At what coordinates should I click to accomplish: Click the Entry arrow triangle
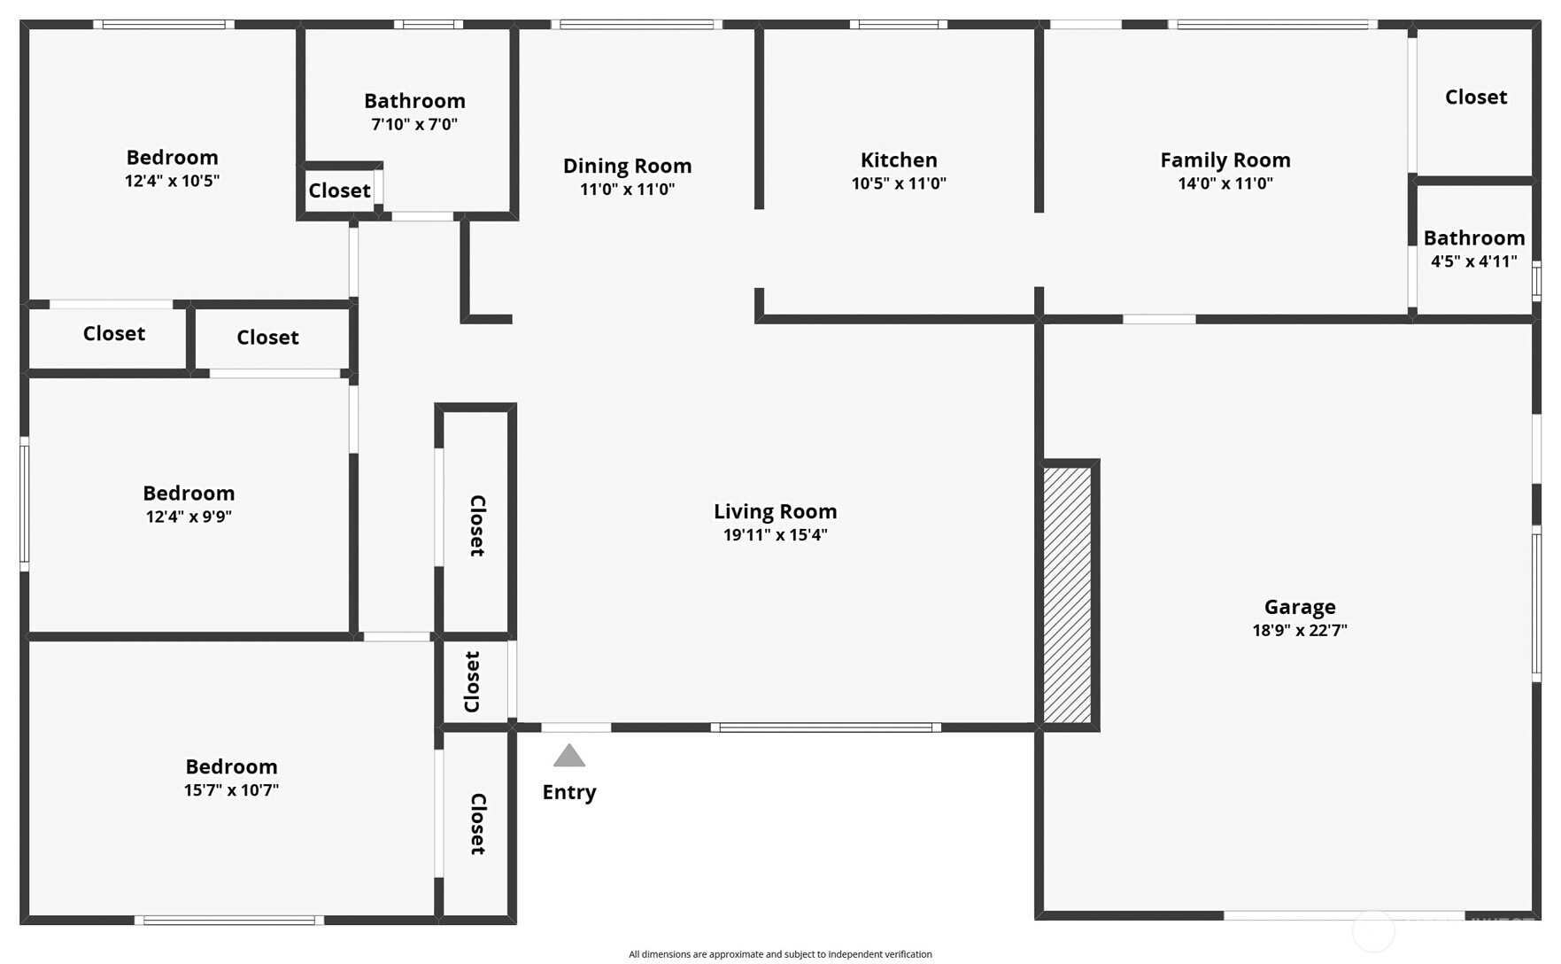(569, 755)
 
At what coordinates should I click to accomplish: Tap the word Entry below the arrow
(569, 792)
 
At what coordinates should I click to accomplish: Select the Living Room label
(776, 511)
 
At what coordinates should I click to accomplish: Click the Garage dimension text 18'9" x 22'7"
(1300, 630)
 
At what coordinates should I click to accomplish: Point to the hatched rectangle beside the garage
(1067, 595)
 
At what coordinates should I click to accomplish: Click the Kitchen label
(899, 159)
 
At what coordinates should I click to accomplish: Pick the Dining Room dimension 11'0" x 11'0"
(628, 189)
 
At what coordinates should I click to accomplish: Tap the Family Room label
(1225, 160)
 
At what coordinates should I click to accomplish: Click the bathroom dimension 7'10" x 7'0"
(414, 124)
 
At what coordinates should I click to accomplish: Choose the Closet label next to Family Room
(1476, 97)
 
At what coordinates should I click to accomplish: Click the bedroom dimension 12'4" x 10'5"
(172, 181)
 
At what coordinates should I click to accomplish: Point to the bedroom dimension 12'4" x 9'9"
(189, 517)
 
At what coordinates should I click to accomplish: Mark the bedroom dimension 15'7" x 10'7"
(231, 789)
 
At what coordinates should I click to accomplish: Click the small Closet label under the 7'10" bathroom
(339, 190)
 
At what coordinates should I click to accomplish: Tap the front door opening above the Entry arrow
(576, 727)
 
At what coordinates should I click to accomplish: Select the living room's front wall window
(825, 727)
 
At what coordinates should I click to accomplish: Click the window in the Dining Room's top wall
(637, 25)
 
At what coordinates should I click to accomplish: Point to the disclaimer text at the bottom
(780, 954)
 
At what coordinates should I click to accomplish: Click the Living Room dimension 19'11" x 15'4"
(776, 535)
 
